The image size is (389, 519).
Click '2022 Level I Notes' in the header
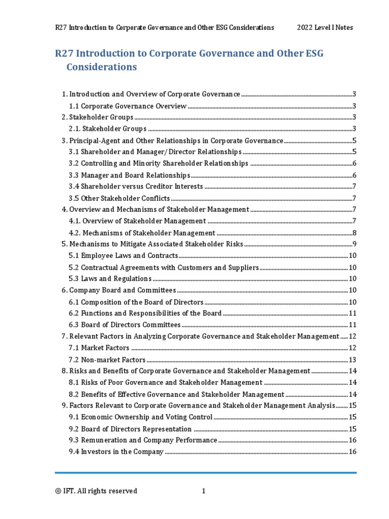point(325,27)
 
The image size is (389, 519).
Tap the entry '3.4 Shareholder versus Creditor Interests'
point(136,187)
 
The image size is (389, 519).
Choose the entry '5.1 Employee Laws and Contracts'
point(123,255)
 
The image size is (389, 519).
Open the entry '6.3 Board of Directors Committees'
point(125,324)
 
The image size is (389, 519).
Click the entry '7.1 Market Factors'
point(99,348)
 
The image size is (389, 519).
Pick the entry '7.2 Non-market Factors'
point(107,359)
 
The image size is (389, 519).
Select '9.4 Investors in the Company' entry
point(116,452)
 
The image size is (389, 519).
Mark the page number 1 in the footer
point(204,491)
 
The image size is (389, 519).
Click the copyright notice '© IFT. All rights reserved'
point(96,491)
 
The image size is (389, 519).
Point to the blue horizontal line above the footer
point(206,473)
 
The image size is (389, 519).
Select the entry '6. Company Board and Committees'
point(119,290)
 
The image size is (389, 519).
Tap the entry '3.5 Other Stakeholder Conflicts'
point(120,198)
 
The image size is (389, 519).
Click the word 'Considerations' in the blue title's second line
point(102,67)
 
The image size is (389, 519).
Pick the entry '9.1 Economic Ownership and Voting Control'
point(140,417)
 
